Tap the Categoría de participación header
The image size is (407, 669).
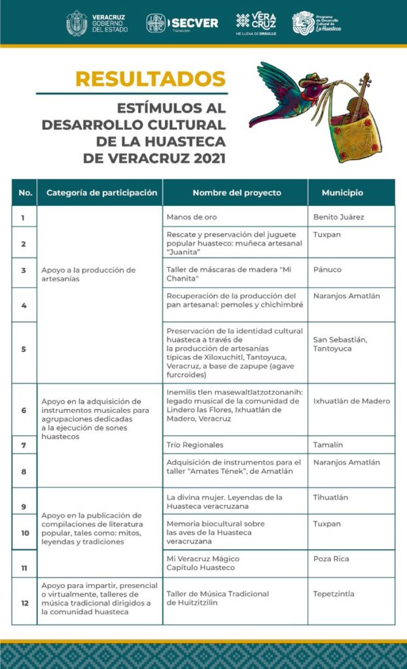[x=102, y=193]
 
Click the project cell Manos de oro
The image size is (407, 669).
[x=192, y=217]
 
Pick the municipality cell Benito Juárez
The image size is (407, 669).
[x=339, y=217]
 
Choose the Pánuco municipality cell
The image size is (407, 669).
[x=327, y=269]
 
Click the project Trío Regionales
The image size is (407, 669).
[x=195, y=445]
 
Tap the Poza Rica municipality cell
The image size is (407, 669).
[x=331, y=559]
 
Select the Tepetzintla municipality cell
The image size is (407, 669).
[x=334, y=594]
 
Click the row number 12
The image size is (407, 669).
[x=24, y=603]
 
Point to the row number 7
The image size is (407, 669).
[x=24, y=445]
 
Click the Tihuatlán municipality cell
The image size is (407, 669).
[x=330, y=498]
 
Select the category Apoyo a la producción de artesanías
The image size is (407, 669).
[x=88, y=274]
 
